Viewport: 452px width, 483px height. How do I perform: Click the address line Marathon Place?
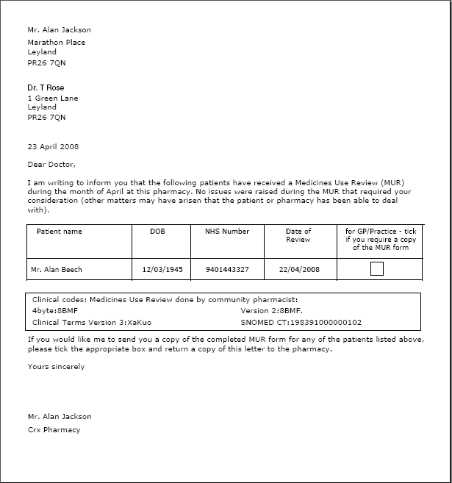tap(57, 42)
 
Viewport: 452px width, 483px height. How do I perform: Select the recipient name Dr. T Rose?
tap(46, 88)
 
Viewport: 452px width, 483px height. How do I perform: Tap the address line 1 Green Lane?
tap(53, 98)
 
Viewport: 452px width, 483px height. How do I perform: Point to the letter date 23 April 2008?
tap(53, 146)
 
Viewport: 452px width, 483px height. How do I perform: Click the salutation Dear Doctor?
tap(51, 164)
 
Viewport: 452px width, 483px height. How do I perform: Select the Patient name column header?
tap(60, 232)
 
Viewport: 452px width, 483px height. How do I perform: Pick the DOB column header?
tap(158, 232)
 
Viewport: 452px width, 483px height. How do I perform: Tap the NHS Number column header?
tap(227, 232)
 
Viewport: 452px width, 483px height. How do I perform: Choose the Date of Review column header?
tap(298, 235)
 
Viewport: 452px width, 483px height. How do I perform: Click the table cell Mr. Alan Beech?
tap(57, 270)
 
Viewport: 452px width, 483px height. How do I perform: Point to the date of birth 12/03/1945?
tap(162, 270)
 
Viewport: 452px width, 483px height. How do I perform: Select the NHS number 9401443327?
tap(227, 270)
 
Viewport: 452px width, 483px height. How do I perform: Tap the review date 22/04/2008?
tap(299, 270)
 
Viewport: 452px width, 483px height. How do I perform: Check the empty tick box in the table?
tap(377, 269)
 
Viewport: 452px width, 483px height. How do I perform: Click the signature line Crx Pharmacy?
tap(54, 429)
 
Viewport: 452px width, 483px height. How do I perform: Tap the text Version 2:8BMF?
tap(271, 311)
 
